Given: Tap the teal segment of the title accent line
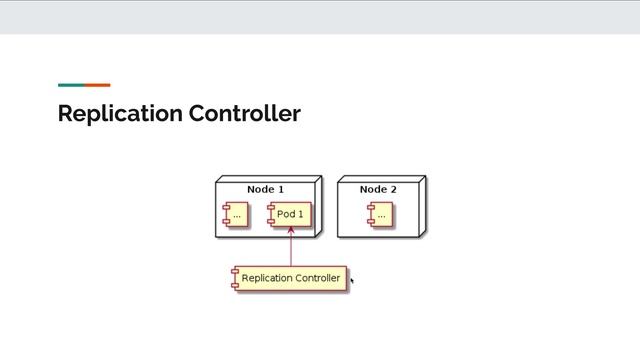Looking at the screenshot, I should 71,85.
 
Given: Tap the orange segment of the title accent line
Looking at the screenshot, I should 97,85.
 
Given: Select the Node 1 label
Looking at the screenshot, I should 266,189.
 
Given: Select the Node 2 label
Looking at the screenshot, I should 378,189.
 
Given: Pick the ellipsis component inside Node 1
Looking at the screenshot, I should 236,214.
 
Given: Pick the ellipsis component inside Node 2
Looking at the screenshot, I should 380,214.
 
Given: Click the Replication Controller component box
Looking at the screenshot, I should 290,278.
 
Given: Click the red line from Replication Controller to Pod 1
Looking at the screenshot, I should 290,250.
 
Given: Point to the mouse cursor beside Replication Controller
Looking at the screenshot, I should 352,281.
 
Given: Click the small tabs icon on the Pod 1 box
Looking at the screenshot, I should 270,214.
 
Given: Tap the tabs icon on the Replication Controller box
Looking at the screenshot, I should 235,278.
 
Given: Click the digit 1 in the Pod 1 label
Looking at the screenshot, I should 300,214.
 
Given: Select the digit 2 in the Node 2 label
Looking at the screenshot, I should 393,189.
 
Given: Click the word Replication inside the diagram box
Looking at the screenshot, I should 267,278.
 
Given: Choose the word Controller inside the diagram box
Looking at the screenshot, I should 318,278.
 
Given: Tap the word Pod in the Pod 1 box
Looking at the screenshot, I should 286,214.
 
